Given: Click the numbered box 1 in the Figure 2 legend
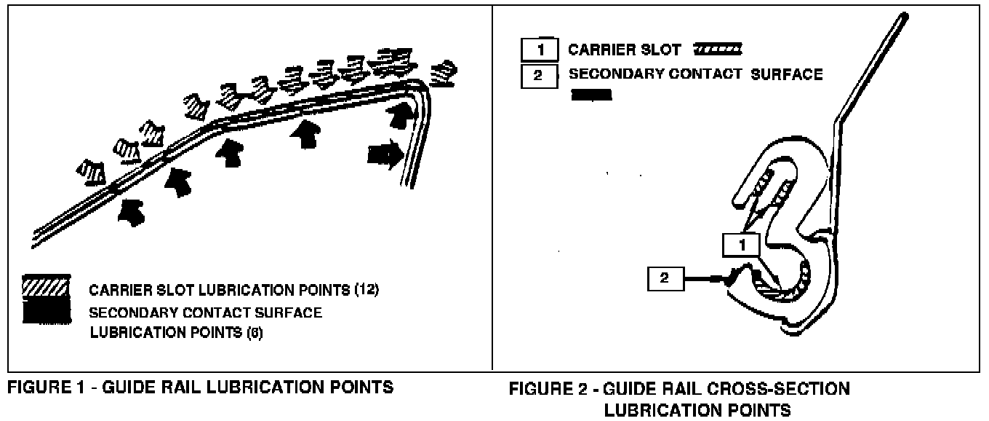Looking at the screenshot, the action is pos(539,50).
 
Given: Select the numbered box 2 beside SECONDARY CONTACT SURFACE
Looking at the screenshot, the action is pos(539,75).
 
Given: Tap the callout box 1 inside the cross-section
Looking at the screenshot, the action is pos(742,245).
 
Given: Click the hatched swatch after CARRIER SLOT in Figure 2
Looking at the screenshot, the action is pos(718,50).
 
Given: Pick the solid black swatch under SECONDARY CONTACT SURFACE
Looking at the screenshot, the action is pos(591,95).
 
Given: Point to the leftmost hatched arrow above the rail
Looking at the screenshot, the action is pos(92,173).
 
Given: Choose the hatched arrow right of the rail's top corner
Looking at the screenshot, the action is pos(444,71).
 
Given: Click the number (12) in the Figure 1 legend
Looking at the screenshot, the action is pos(366,290).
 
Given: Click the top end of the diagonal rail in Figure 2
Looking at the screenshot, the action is pos(905,15).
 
